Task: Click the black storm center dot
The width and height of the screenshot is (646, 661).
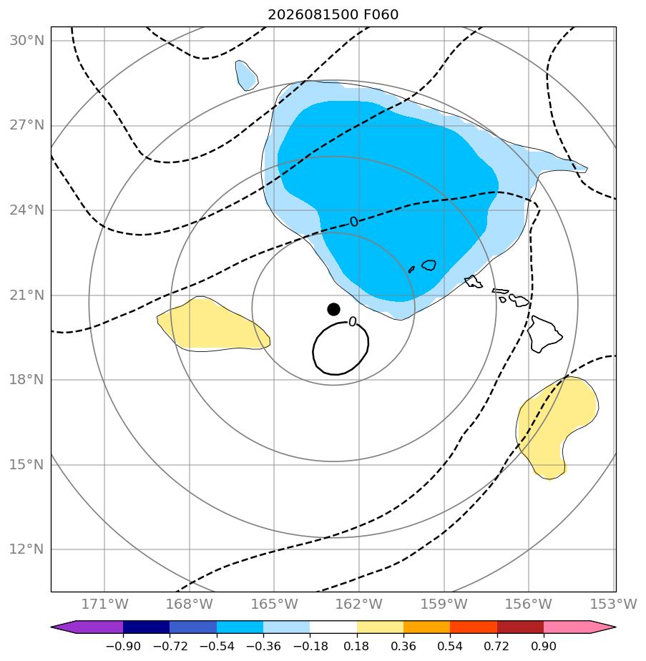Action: click(x=333, y=310)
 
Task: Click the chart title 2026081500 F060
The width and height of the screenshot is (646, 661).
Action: click(x=333, y=15)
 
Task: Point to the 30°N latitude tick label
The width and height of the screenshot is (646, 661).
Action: click(x=27, y=41)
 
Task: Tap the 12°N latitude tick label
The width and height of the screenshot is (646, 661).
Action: click(x=27, y=549)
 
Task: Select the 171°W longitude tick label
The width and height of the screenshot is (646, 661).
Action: click(x=104, y=604)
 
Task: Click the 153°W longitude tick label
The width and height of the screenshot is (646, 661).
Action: click(x=613, y=604)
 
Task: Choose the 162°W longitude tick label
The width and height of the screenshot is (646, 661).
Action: click(x=359, y=604)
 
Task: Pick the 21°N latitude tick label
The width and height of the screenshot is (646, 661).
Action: click(x=27, y=295)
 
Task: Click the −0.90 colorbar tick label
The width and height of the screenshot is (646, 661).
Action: click(x=123, y=646)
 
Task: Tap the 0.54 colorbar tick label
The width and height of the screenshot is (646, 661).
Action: click(x=451, y=646)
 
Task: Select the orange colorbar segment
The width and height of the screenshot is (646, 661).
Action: click(x=426, y=627)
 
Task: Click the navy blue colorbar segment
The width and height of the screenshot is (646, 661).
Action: click(x=147, y=627)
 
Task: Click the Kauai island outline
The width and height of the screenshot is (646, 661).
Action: click(x=429, y=265)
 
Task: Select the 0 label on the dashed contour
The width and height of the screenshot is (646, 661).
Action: click(x=354, y=222)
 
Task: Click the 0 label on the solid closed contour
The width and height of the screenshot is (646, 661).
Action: click(x=353, y=323)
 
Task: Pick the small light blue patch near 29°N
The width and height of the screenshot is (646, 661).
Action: click(x=247, y=75)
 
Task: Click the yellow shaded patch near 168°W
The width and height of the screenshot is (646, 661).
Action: click(x=213, y=325)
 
